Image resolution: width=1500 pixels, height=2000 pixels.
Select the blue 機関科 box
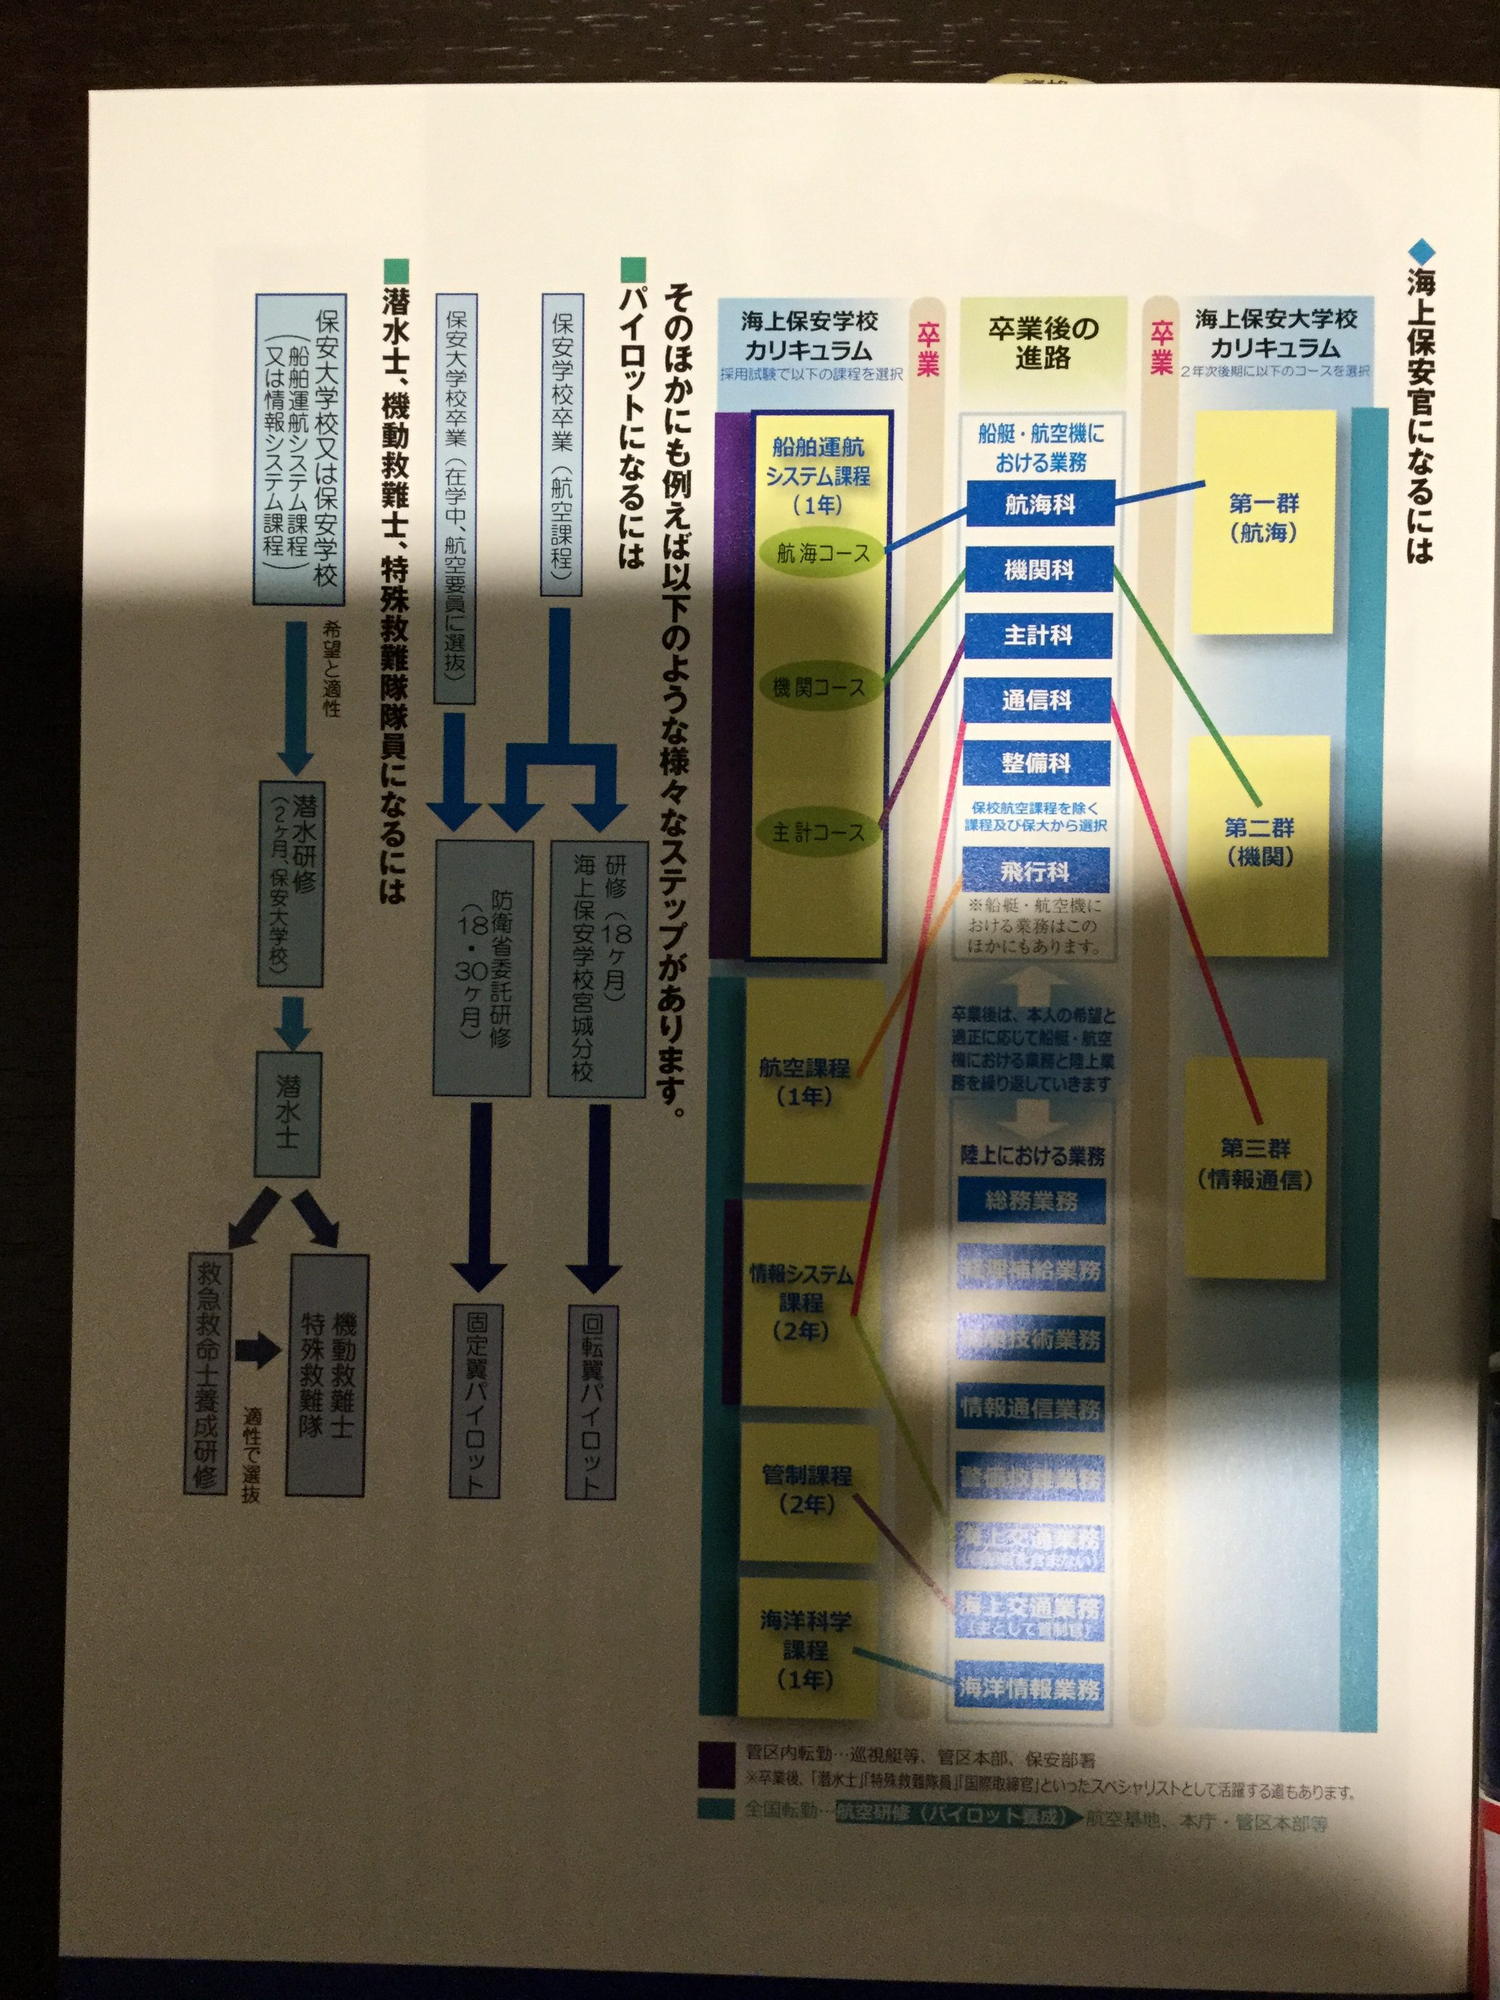pos(1039,570)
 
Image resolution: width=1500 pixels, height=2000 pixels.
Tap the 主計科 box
pos(1038,635)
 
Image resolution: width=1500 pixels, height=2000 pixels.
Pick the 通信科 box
pos(1036,700)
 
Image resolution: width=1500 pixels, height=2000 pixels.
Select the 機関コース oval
pos(818,687)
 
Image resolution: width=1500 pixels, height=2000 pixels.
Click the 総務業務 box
pos(1032,1202)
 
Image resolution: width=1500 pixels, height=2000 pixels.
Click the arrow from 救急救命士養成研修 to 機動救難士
pos(258,1352)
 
